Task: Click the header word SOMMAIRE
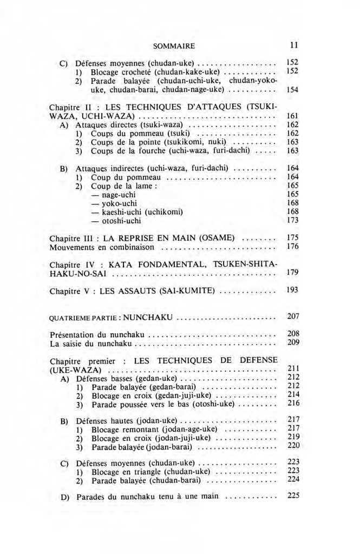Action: (x=174, y=45)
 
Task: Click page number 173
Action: (x=292, y=220)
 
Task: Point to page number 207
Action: (x=293, y=315)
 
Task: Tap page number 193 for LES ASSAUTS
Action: (x=292, y=290)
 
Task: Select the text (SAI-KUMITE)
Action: (x=187, y=291)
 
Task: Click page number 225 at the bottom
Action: (x=293, y=495)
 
